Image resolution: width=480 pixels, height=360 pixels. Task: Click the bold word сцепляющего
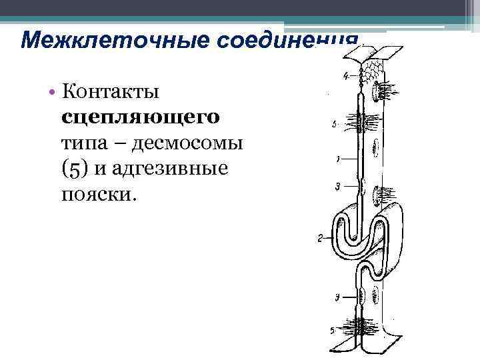[140, 116]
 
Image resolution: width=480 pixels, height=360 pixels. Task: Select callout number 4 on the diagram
[345, 76]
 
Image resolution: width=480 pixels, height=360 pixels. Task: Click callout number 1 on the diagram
[339, 160]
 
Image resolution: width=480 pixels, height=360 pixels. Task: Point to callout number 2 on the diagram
[321, 237]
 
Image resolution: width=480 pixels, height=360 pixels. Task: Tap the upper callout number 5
[334, 124]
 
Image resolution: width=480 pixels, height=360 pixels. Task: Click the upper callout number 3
[338, 186]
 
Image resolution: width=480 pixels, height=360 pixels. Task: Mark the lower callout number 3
[339, 296]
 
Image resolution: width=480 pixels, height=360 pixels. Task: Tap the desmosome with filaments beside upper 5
[363, 123]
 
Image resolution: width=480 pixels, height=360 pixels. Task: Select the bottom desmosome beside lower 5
[363, 328]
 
